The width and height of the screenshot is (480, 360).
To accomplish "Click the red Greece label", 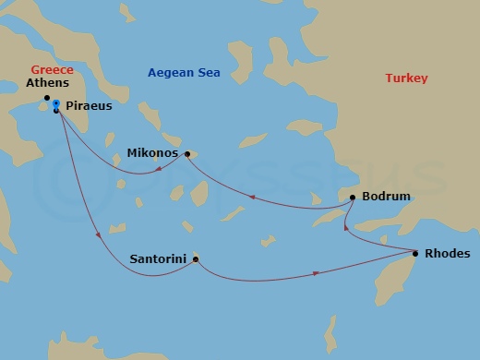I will click(51, 69).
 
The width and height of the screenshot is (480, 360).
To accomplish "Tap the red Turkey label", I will click(406, 78).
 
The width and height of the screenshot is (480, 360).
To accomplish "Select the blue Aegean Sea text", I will click(185, 73).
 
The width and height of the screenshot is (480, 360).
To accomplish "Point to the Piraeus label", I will click(90, 106).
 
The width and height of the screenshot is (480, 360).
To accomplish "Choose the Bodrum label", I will click(387, 197).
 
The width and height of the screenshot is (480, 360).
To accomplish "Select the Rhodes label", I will click(447, 253).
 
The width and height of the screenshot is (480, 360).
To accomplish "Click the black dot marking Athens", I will click(46, 97).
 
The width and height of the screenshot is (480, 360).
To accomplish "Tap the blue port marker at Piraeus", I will click(56, 103).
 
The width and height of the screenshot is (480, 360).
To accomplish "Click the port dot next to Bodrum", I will click(353, 198).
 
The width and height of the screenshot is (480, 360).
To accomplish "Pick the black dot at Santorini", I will click(195, 259).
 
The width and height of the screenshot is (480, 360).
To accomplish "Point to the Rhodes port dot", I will click(415, 253).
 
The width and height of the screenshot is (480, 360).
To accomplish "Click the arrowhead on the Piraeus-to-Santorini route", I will click(99, 236).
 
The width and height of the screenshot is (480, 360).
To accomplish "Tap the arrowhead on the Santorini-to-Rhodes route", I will click(318, 272).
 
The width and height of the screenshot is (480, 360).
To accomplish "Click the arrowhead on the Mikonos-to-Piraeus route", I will click(160, 167).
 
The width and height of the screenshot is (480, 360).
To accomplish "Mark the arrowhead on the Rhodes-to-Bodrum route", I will click(345, 227).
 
